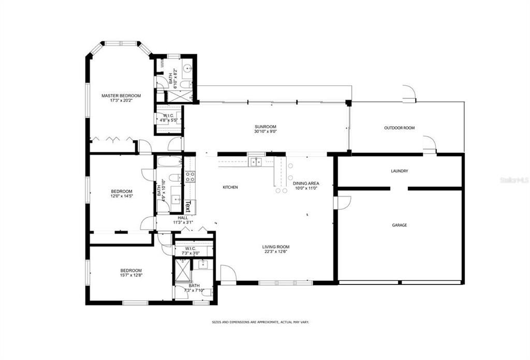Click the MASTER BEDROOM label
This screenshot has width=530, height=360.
pos(121,96)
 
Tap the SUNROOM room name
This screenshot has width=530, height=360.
pos(265,127)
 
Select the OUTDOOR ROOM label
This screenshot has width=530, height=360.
pos(399,128)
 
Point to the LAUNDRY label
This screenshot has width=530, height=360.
pos(399,171)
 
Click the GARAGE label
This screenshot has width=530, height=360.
pos(399,225)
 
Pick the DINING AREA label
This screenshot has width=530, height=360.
pos(306,184)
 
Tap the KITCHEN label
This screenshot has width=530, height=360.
pos(230,187)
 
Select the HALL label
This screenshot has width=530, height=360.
pos(183,218)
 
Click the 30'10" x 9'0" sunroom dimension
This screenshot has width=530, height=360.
pos(265,132)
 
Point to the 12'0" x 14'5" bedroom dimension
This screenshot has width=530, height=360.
pos(121,197)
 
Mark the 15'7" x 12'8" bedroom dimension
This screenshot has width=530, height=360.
pos(131,276)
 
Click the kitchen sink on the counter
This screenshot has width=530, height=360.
pos(256,162)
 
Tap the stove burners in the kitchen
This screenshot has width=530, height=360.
pos(190,177)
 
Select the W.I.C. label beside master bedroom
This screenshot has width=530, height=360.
pos(168,115)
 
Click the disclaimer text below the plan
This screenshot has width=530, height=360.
pos(260,322)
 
